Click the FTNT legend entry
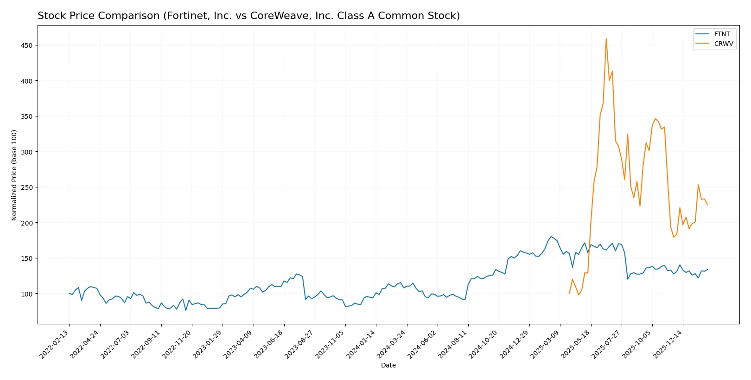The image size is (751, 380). click(x=722, y=34)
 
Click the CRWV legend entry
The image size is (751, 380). click(x=723, y=44)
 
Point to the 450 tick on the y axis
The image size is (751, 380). click(x=26, y=45)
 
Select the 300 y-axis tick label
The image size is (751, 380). click(x=26, y=152)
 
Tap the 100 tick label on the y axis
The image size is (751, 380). click(x=26, y=294)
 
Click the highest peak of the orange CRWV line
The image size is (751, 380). click(x=606, y=39)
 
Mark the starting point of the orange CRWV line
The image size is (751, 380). click(x=569, y=293)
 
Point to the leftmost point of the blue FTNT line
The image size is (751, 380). click(x=69, y=293)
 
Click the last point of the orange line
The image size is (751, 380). click(x=707, y=205)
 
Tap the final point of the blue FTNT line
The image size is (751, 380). click(x=707, y=269)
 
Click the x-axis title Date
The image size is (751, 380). click(x=388, y=365)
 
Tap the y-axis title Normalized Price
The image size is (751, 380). click(x=14, y=175)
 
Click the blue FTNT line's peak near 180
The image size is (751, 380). click(x=551, y=237)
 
